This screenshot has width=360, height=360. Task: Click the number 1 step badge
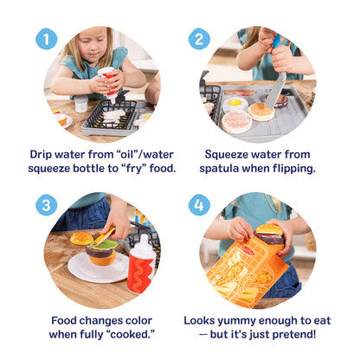[47, 39]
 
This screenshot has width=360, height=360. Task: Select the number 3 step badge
[47, 206]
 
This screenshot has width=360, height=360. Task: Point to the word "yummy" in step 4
[244, 320]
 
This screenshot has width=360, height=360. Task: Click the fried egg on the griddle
[235, 105]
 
